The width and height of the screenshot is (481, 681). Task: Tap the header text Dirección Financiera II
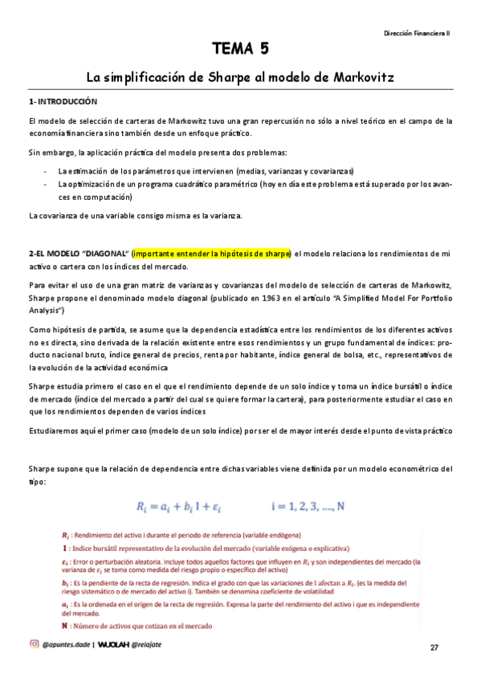(x=418, y=33)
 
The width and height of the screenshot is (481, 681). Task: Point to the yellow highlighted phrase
(x=212, y=254)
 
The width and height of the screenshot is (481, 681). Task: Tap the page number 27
(x=434, y=647)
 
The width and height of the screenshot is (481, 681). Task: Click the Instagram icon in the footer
(x=34, y=643)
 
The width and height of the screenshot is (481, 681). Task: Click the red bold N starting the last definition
(x=64, y=626)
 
